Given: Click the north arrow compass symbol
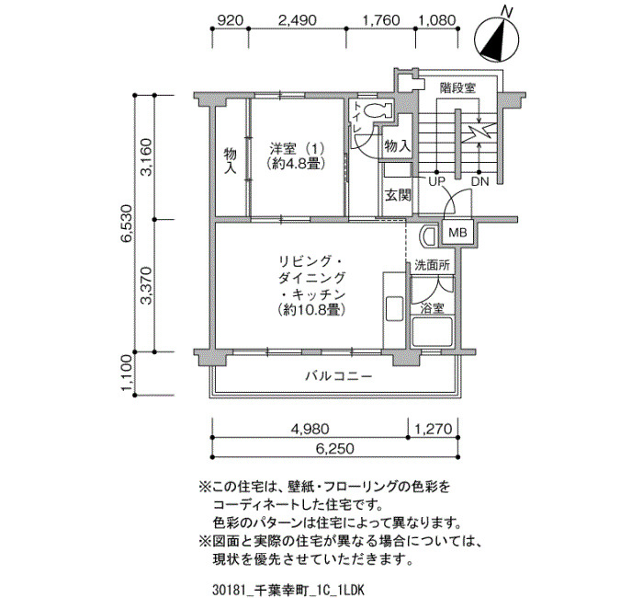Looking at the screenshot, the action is (x=496, y=38).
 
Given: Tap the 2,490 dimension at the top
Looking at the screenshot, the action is (x=298, y=20).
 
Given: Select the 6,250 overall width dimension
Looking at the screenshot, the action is (x=334, y=449).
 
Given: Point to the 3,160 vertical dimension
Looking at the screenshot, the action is (x=146, y=157).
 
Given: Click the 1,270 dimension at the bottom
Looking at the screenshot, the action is (x=433, y=430).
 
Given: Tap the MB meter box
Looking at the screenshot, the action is (x=457, y=233).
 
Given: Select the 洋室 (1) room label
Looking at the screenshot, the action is (x=297, y=147).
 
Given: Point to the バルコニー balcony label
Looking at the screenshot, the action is (x=339, y=375).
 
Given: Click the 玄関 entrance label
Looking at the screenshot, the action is (x=398, y=195).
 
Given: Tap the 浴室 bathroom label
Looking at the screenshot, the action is (x=432, y=308).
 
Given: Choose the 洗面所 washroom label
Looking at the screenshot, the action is (x=433, y=265).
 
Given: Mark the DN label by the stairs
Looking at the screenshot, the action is (x=480, y=181).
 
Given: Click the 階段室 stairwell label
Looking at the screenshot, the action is (x=457, y=88).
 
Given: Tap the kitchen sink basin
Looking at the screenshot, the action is (x=394, y=310).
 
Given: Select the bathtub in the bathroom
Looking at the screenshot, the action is (x=433, y=332).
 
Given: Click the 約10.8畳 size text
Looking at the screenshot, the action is (x=311, y=309).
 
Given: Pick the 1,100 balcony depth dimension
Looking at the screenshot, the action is (x=127, y=374).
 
